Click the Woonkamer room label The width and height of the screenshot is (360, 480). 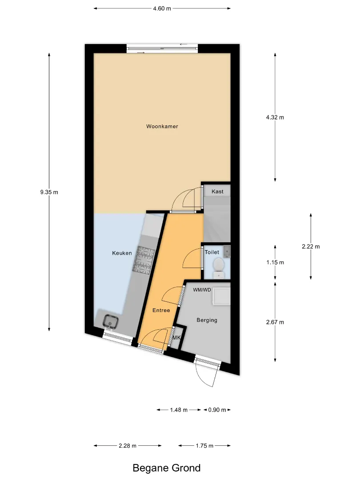162,126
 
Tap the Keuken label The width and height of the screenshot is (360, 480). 122,253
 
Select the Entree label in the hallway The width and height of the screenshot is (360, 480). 161,310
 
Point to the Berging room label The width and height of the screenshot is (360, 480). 207,320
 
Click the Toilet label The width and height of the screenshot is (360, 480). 212,252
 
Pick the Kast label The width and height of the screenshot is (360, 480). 217,192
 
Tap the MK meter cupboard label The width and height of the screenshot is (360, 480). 176,338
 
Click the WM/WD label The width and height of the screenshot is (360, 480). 202,290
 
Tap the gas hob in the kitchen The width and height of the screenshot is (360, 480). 143,259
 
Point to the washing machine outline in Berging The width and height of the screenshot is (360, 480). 221,296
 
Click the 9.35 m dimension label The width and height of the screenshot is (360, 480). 49,192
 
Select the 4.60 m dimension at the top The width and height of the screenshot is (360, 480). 162,8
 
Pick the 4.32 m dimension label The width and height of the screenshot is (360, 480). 275,117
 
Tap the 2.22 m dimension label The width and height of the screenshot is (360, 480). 311,246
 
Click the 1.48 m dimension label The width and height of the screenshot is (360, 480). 179,410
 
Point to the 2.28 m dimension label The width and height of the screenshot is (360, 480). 128,446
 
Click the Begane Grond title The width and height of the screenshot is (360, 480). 167,468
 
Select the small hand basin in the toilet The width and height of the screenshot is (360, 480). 227,251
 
